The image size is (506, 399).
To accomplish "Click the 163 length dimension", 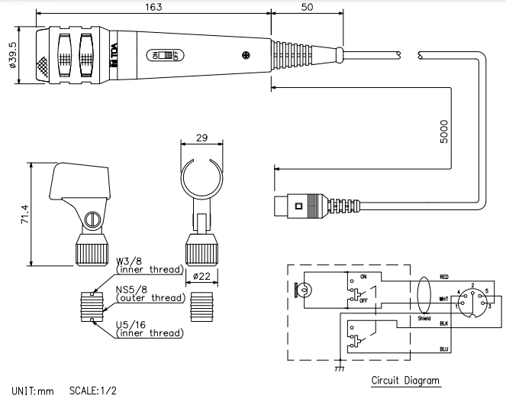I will coord(150,6).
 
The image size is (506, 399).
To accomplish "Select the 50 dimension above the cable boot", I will coord(307,6).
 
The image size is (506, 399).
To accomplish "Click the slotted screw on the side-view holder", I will coord(92,219).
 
